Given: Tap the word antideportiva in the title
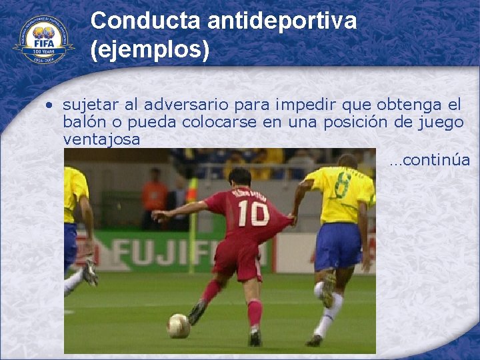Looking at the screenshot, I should pyautogui.click(x=282, y=21).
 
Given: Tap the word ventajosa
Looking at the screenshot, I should pyautogui.click(x=101, y=139).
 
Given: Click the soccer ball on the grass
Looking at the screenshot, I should pyautogui.click(x=178, y=325).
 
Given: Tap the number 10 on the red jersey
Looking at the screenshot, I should pyautogui.click(x=253, y=213).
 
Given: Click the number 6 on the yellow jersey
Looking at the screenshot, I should pyautogui.click(x=343, y=185).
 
